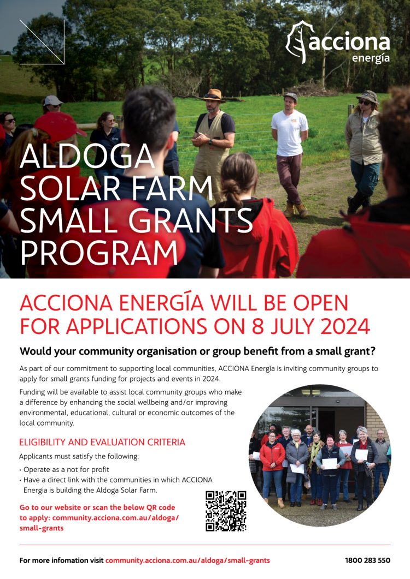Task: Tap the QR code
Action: point(226,511)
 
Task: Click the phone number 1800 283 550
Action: point(368,560)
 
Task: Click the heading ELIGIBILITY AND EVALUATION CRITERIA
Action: point(102,442)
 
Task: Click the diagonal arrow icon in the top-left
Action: point(42,42)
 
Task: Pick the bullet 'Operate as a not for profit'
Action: point(66,469)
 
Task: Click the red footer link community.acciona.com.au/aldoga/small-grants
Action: point(188,560)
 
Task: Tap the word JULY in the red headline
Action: point(265,326)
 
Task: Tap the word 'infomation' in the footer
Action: point(82,560)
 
